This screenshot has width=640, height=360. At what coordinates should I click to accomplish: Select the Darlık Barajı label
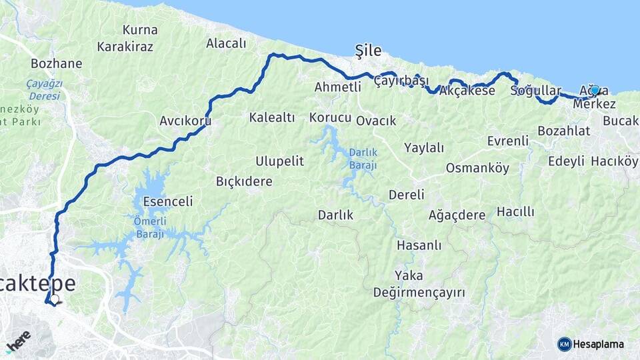[363, 159]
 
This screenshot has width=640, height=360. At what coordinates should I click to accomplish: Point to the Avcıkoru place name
[185, 121]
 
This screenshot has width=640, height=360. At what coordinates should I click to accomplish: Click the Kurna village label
[140, 30]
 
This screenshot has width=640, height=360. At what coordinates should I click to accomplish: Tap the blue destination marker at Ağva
[594, 90]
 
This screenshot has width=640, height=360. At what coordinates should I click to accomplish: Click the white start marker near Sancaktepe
[54, 299]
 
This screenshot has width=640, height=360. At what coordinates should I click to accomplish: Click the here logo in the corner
[18, 340]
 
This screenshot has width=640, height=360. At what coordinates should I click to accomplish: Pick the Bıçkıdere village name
[244, 181]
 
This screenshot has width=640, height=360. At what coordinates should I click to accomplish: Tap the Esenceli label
[167, 201]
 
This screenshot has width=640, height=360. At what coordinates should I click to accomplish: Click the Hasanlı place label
[419, 245]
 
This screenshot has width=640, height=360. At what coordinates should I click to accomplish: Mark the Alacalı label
[226, 43]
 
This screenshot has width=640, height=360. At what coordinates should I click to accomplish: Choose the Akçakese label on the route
[467, 91]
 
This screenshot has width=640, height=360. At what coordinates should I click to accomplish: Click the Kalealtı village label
[271, 117]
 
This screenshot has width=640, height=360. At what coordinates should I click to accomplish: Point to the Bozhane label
[57, 63]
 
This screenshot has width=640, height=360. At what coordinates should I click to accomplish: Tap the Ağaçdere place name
[457, 215]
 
